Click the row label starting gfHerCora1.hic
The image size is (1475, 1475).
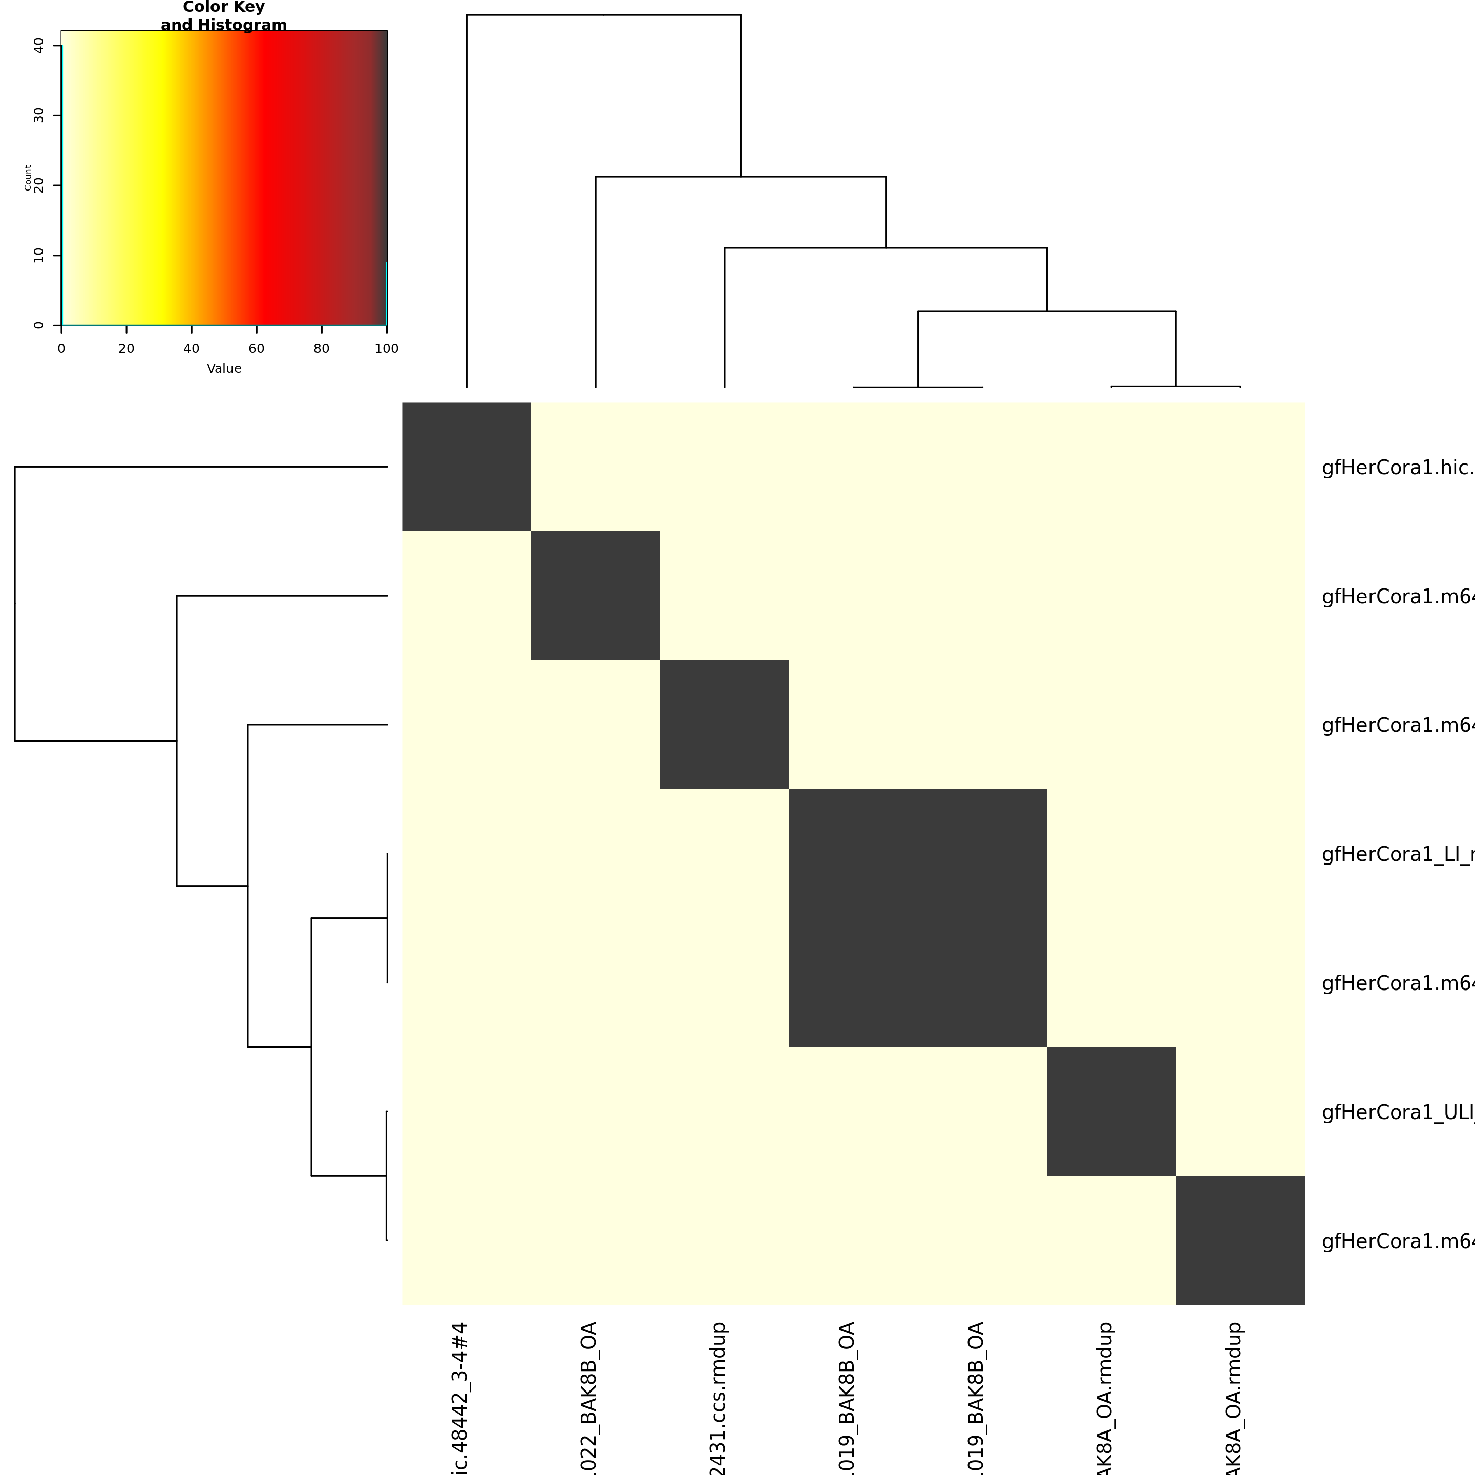[x=1397, y=468]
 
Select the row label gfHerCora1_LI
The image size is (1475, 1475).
[x=1397, y=854]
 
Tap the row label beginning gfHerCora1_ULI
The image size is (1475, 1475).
[x=1397, y=1112]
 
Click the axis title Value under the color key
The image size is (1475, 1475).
[x=224, y=369]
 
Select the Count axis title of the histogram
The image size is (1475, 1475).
[x=28, y=178]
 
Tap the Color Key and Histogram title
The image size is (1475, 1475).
[x=224, y=16]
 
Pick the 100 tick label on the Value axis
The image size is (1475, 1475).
[x=386, y=349]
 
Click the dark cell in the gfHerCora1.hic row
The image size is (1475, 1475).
[x=467, y=467]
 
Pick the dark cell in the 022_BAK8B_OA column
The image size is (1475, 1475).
[x=596, y=596]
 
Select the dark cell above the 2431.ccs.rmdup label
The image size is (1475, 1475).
[x=725, y=725]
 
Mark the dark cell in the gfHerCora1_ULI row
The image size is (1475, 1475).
[x=1111, y=1111]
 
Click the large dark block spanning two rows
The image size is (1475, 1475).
[x=918, y=918]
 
